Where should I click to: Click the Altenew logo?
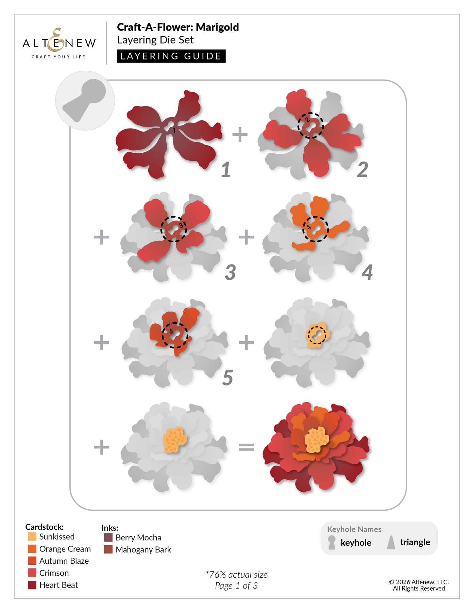click(59, 43)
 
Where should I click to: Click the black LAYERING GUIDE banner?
click(171, 56)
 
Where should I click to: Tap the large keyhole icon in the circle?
click(85, 100)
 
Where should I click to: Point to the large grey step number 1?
click(226, 170)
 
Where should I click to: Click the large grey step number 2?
click(362, 170)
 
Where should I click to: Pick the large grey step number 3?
click(231, 272)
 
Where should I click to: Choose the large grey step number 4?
click(367, 272)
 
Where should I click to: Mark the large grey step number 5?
click(228, 378)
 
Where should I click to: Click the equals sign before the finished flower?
click(246, 447)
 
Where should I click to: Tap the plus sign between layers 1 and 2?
click(240, 134)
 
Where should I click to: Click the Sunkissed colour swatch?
click(32, 537)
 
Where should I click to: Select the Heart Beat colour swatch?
click(32, 585)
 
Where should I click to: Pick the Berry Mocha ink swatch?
click(108, 537)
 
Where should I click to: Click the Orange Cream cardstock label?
click(65, 549)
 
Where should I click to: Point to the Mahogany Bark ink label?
click(143, 549)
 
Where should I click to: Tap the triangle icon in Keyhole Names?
click(391, 542)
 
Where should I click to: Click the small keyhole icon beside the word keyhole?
click(332, 543)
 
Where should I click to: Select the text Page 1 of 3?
click(236, 586)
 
